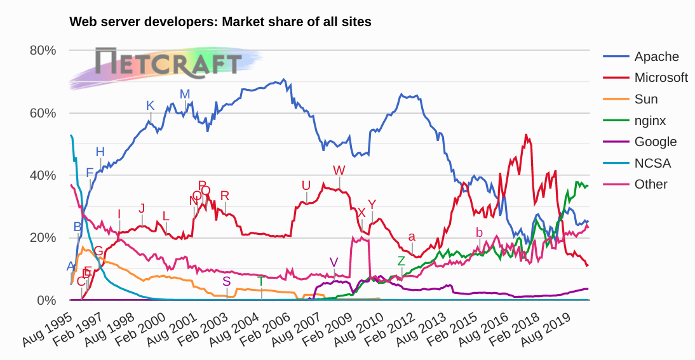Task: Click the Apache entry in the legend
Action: point(656,57)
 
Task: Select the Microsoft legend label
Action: point(661,77)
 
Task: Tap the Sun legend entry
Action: point(645,99)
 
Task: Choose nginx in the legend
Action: point(649,121)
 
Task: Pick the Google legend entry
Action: point(655,142)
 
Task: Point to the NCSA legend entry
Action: point(652,163)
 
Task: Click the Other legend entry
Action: point(651,184)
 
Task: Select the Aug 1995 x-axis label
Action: point(46,327)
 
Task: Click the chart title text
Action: point(220,22)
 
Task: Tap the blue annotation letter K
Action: point(150,105)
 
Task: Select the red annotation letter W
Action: point(339,170)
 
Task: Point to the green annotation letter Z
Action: point(401,261)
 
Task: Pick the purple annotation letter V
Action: point(334,263)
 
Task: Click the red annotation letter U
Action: point(306,185)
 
